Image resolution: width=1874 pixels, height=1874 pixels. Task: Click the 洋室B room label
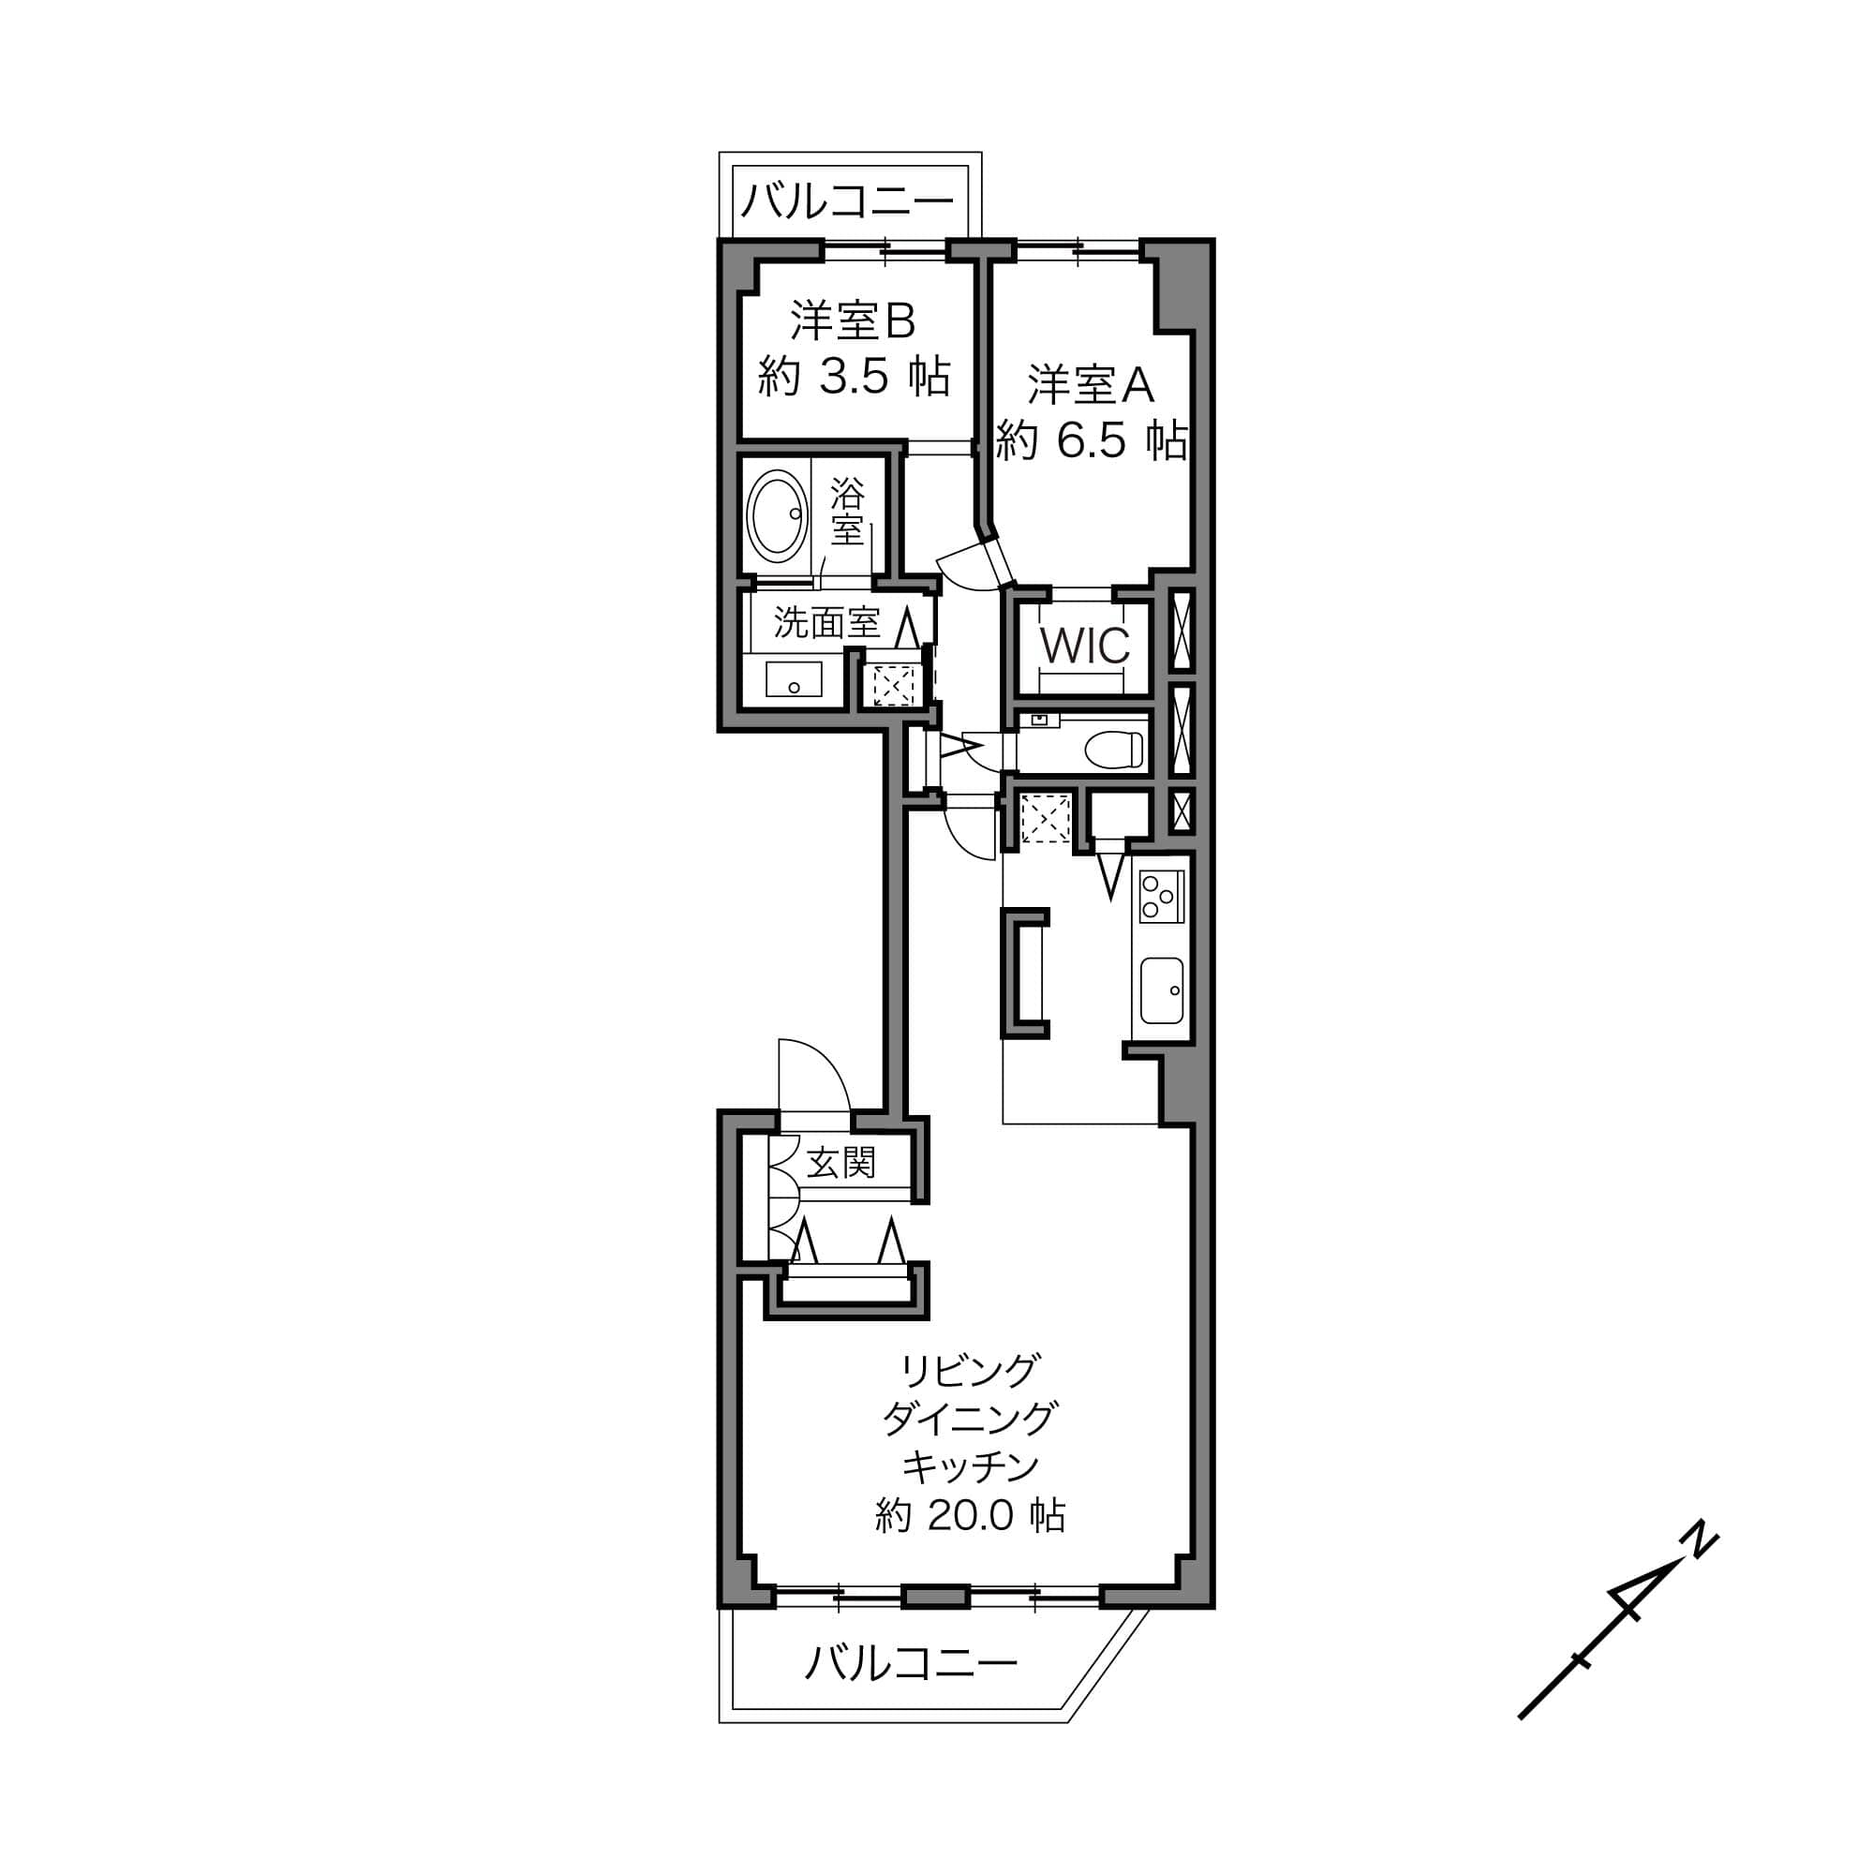[853, 321]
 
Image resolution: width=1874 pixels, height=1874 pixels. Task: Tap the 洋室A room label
[1092, 385]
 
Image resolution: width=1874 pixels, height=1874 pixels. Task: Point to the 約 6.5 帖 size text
[1092, 441]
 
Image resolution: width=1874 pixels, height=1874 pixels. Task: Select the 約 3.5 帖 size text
[854, 377]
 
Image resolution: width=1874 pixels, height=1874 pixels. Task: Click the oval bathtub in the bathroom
[777, 516]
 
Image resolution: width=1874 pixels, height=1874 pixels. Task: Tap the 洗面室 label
[826, 623]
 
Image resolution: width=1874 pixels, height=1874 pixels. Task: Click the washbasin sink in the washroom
[794, 679]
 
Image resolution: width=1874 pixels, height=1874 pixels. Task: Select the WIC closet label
[1084, 646]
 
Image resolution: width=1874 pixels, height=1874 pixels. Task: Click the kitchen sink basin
[1161, 990]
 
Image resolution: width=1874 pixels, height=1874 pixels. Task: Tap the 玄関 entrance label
[841, 1162]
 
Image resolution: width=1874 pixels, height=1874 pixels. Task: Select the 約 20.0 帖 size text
[970, 1515]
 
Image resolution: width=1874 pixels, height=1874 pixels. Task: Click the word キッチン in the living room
[970, 1466]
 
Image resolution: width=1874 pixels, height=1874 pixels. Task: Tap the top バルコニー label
[849, 201]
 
